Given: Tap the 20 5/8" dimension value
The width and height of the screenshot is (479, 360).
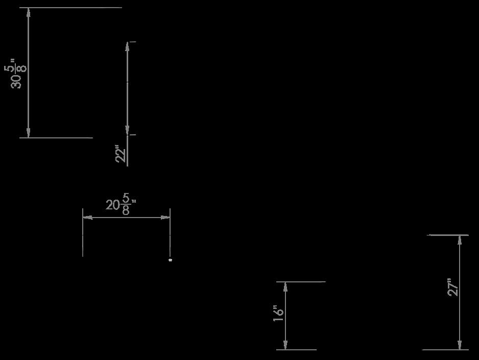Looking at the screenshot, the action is click(x=121, y=205).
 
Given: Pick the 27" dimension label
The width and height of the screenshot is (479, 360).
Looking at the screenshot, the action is click(x=453, y=287).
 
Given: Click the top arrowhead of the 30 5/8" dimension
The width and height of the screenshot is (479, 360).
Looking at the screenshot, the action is click(x=29, y=13).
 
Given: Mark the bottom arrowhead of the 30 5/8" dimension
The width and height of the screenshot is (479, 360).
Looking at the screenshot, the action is click(x=29, y=132).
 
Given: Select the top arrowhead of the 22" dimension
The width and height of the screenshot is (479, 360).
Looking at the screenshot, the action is click(x=127, y=46).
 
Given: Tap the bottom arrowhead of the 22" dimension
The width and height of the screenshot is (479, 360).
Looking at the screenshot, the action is click(x=127, y=130).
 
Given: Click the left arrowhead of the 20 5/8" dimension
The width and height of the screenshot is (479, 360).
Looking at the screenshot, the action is click(x=88, y=218).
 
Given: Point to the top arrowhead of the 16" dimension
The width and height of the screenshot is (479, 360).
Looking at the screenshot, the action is click(x=285, y=287).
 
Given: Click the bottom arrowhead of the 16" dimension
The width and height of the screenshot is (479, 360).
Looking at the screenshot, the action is click(x=285, y=345).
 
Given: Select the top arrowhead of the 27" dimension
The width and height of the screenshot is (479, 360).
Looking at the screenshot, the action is click(x=460, y=241).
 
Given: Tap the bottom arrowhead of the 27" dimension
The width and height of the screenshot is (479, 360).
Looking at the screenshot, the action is click(x=460, y=345).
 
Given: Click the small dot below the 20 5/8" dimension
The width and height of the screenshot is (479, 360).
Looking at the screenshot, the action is click(x=171, y=260).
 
